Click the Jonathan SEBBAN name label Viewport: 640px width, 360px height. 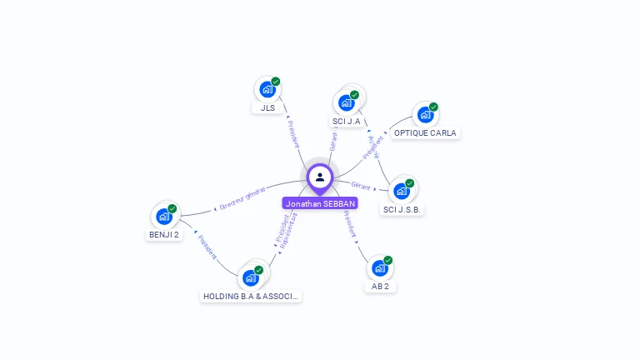[320, 203]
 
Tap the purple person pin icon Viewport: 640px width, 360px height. [320, 177]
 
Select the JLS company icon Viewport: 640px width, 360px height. [267, 89]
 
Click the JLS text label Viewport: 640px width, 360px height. [267, 108]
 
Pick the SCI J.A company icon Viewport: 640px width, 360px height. [346, 102]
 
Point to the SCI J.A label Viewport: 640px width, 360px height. [346, 122]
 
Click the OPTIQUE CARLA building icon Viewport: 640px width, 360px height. [425, 114]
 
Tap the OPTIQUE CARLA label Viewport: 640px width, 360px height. [425, 133]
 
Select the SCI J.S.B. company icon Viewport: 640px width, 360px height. [402, 191]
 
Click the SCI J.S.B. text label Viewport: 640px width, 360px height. [402, 210]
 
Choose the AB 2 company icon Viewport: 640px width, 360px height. [380, 267]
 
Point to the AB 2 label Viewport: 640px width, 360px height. [380, 287]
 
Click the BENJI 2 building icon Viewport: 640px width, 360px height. [164, 216]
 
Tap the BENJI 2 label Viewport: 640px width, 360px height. [164, 235]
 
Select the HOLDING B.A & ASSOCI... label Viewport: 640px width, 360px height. [251, 296]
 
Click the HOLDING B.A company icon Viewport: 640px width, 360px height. [251, 277]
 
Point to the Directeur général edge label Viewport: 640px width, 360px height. [242, 198]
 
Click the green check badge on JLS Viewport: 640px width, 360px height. [276, 82]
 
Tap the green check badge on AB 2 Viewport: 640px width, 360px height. [388, 260]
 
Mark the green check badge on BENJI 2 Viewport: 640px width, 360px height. [172, 208]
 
